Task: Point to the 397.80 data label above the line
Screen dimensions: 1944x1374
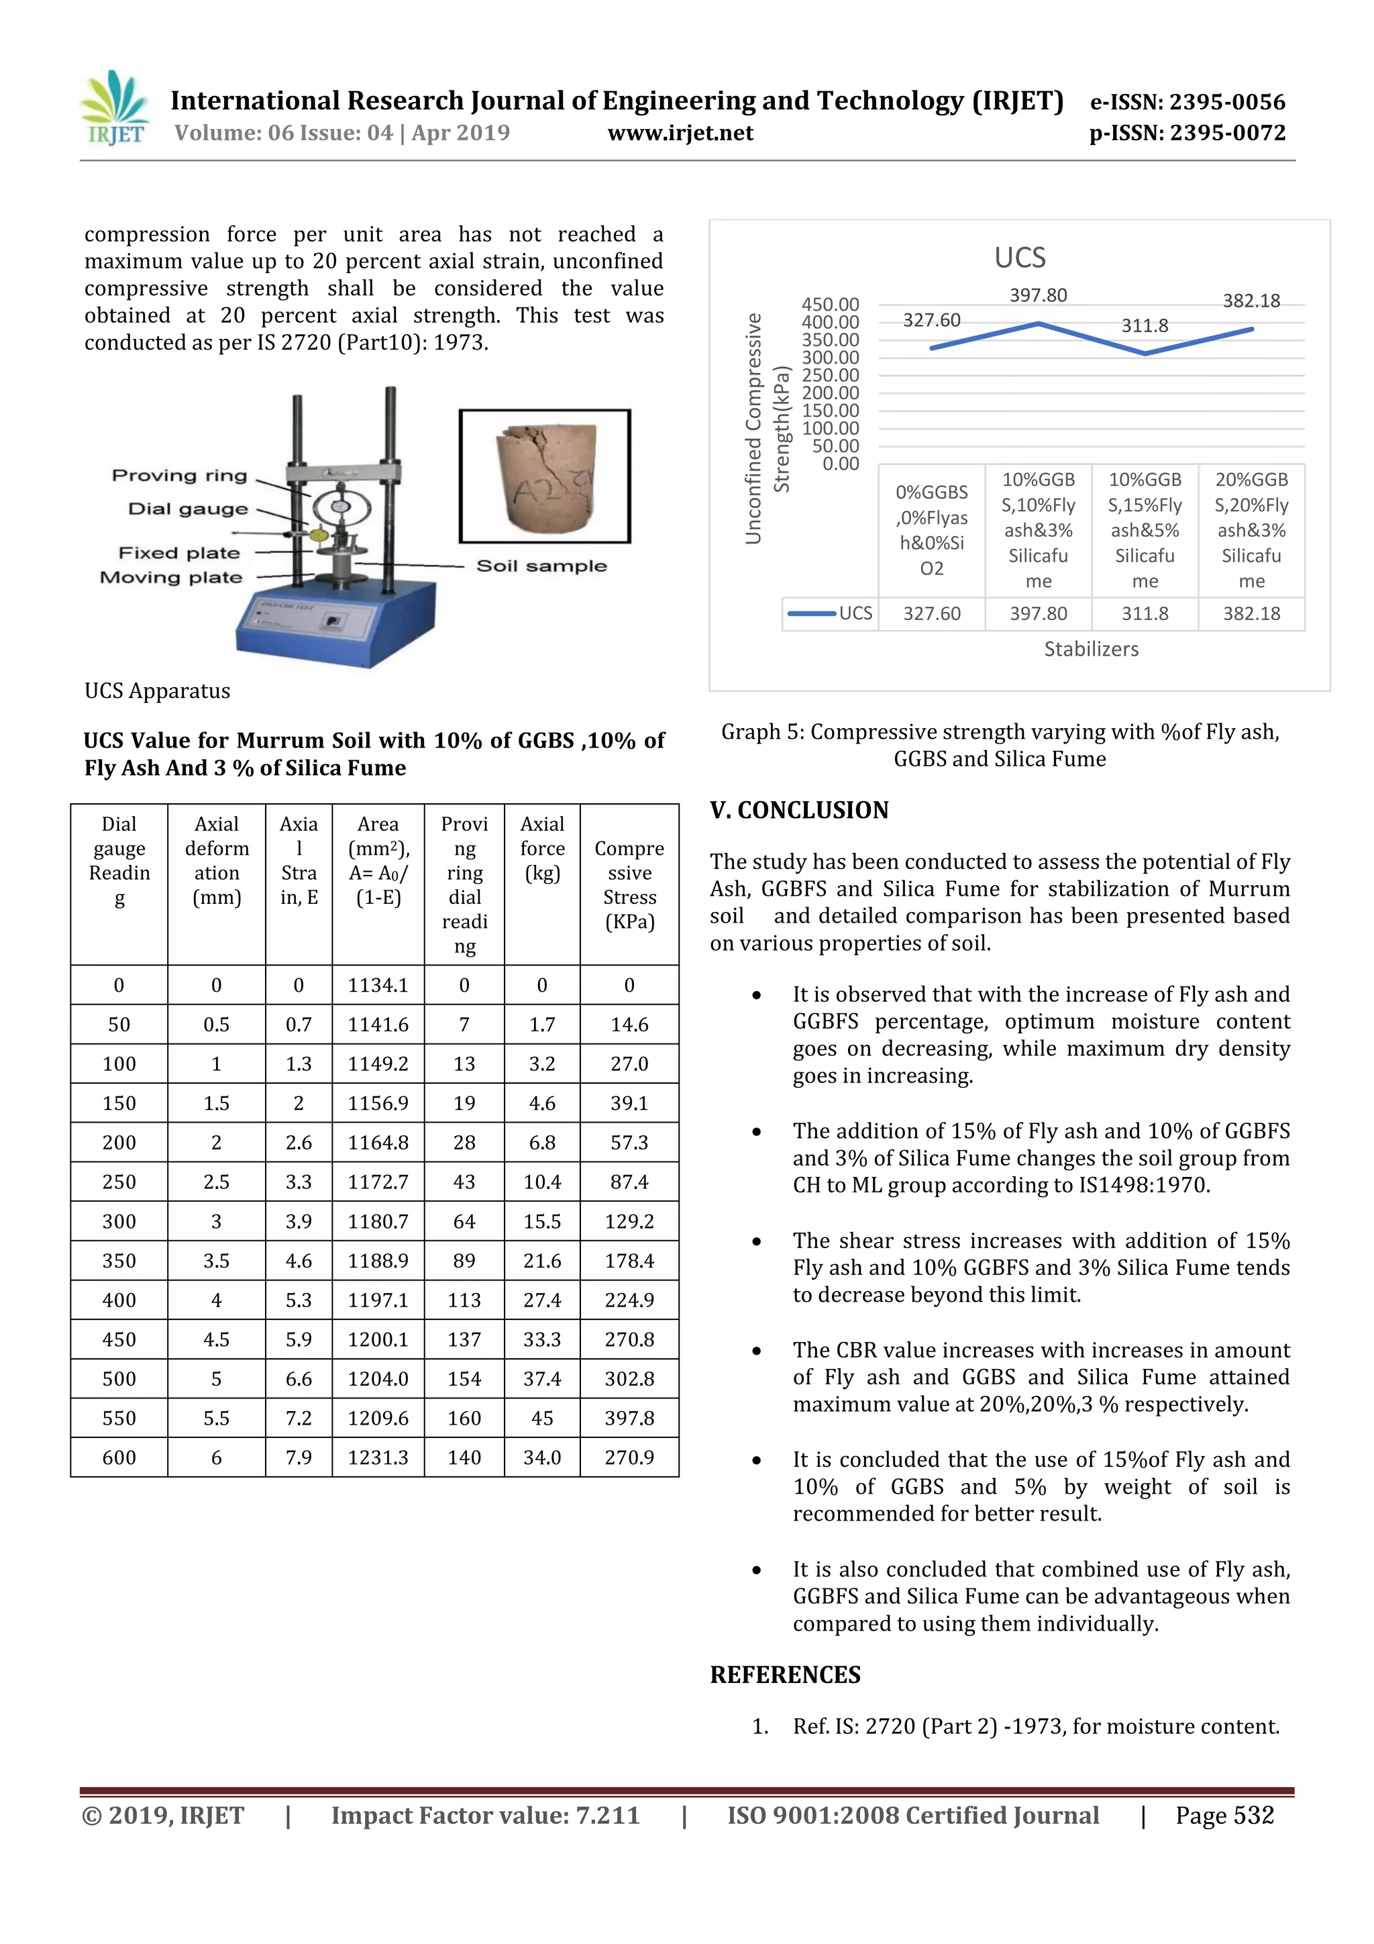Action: click(x=1038, y=295)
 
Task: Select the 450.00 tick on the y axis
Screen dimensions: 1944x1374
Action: click(x=830, y=304)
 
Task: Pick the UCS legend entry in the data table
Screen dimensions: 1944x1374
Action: click(x=831, y=613)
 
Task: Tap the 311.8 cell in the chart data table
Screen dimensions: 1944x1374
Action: click(x=1145, y=614)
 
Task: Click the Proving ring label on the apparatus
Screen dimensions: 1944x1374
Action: click(x=180, y=476)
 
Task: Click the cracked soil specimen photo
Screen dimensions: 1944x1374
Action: click(x=544, y=476)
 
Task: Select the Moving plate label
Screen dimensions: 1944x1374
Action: click(x=171, y=578)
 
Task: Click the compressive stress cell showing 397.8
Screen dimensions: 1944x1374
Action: click(x=629, y=1418)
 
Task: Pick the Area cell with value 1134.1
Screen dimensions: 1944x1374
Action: click(x=378, y=984)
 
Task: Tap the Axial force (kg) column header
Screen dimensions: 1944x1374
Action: click(x=542, y=848)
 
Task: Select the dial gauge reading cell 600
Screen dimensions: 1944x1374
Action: click(x=119, y=1457)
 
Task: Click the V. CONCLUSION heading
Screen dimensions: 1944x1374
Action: click(x=799, y=811)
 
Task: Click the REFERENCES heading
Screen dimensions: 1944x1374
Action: click(x=785, y=1675)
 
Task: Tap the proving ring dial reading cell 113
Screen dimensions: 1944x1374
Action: click(x=464, y=1300)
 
